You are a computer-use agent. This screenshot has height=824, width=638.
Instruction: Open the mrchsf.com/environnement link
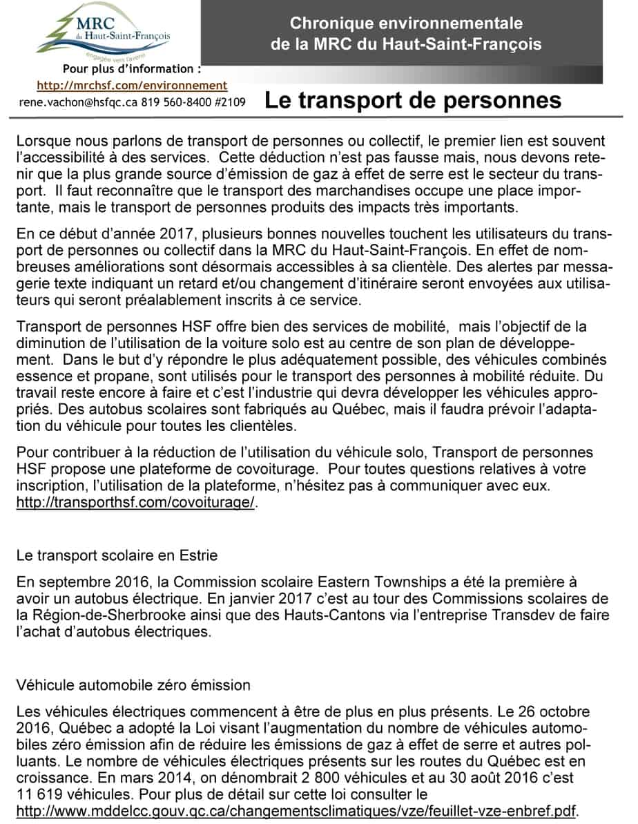click(x=131, y=86)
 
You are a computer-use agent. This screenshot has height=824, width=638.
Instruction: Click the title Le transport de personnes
click(x=413, y=100)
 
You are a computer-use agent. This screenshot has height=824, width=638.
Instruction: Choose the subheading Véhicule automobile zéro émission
click(x=133, y=686)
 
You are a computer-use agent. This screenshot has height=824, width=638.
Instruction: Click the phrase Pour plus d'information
click(x=132, y=69)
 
